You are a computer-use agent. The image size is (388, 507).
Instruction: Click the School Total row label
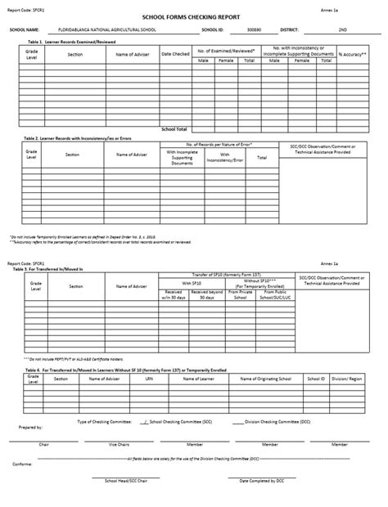(x=174, y=129)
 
